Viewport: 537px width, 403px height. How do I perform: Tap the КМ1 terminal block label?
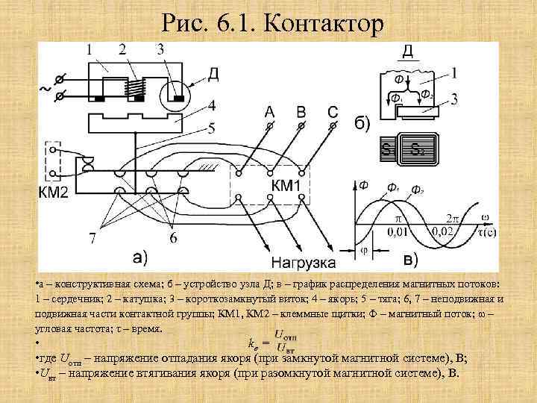click(286, 184)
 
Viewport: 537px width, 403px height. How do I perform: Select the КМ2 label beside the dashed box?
click(53, 193)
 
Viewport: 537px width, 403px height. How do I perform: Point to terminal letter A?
click(269, 112)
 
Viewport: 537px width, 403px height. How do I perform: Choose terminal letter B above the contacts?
click(301, 112)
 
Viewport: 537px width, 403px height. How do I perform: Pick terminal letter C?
click(333, 112)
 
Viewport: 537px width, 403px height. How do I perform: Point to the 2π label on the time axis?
click(453, 219)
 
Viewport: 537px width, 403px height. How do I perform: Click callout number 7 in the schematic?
click(92, 239)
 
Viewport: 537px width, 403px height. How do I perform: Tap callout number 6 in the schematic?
click(172, 238)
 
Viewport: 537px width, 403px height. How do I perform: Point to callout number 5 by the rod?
click(212, 128)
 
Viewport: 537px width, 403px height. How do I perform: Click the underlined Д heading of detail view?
click(408, 51)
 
